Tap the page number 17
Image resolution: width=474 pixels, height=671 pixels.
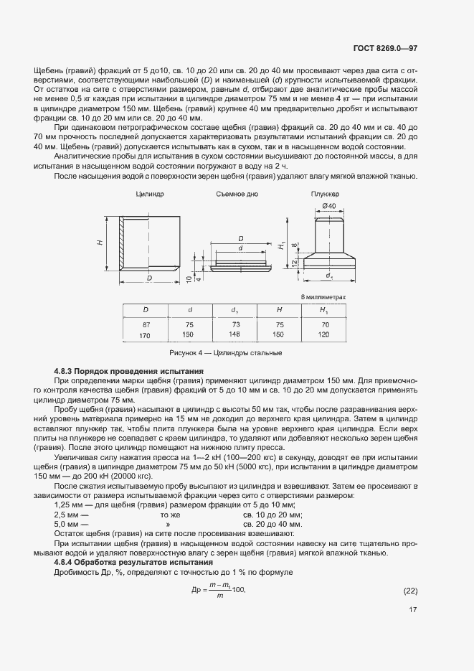click(x=412, y=611)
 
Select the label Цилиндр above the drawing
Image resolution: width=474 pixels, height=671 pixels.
click(x=150, y=194)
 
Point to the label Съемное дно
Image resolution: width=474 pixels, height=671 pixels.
click(x=237, y=194)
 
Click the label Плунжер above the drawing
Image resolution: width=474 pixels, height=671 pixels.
click(x=325, y=194)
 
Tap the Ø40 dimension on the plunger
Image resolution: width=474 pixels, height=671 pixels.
click(x=329, y=207)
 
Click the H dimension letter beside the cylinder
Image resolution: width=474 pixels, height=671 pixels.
click(x=100, y=243)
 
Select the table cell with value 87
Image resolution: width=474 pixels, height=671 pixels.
click(x=146, y=324)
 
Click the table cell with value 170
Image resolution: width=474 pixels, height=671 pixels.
click(x=146, y=335)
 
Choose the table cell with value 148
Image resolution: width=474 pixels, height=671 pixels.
click(x=234, y=334)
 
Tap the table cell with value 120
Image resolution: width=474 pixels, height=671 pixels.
click(x=324, y=335)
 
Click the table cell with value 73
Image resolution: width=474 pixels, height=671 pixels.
click(x=234, y=324)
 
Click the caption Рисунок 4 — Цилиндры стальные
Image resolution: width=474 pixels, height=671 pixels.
click(x=225, y=353)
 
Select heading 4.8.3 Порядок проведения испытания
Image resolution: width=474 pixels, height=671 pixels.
click(x=129, y=370)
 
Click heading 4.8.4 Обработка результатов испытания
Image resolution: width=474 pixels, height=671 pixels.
click(x=133, y=562)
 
